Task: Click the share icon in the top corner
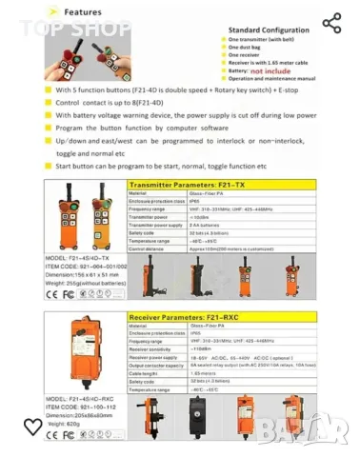330,24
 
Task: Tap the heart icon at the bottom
33,427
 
